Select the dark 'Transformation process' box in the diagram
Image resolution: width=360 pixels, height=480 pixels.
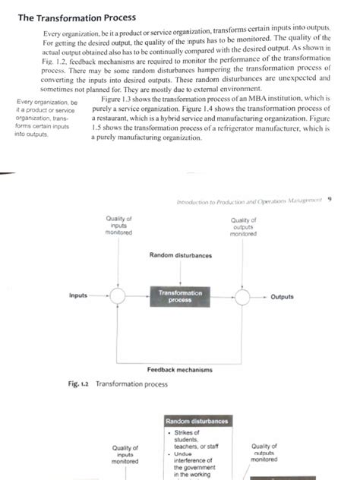(x=179, y=296)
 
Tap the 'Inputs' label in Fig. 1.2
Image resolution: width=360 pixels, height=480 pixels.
(x=78, y=295)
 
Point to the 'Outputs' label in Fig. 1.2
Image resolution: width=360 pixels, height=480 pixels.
(x=282, y=296)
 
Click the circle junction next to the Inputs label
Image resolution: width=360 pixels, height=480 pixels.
(x=118, y=296)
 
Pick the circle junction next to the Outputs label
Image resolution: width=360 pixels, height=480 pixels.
(x=243, y=296)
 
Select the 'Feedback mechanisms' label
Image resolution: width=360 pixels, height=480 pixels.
(x=179, y=369)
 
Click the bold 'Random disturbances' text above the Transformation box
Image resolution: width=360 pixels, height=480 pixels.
(x=181, y=255)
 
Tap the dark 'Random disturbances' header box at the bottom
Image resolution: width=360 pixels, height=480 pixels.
(x=197, y=421)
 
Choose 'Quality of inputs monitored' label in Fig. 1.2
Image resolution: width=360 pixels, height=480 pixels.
(x=119, y=226)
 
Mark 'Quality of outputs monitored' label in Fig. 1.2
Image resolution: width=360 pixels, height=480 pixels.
(x=243, y=226)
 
